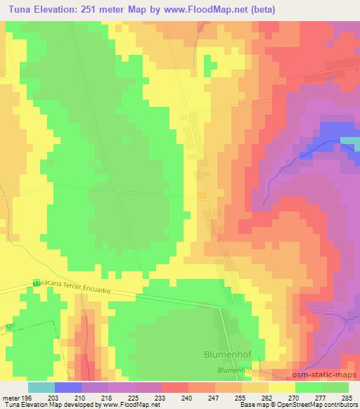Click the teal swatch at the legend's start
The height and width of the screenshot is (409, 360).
coord(41,387)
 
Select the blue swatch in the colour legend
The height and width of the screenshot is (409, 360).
coord(68,387)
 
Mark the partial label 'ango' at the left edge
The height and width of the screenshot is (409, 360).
coord(6,307)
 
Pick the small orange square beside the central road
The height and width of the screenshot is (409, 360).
coord(202,194)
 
